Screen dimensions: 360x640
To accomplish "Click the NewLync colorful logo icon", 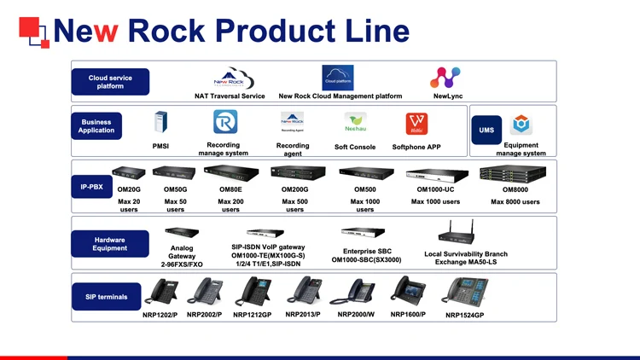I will coord(445,78).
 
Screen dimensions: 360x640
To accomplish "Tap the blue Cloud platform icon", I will coord(338,78).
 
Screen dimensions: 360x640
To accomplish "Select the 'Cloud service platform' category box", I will coord(110,82).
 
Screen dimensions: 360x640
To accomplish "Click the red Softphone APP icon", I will coord(416,123).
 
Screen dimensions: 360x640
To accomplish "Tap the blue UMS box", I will coord(486,130).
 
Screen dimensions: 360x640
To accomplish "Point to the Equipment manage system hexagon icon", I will coord(521,125).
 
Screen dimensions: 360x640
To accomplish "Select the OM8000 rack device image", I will coord(515,173).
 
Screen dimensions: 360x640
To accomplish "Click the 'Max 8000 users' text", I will coord(515,202).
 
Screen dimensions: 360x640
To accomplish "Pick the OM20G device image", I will coord(128,172).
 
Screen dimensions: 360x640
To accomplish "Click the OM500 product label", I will coord(364,189).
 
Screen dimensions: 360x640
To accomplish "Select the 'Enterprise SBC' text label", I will coord(366,251).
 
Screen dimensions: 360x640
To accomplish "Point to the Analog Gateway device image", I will coord(182,232).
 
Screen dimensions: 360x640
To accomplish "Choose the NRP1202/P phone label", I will coord(160,315).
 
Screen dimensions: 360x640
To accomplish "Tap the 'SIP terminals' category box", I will coord(107,297).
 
